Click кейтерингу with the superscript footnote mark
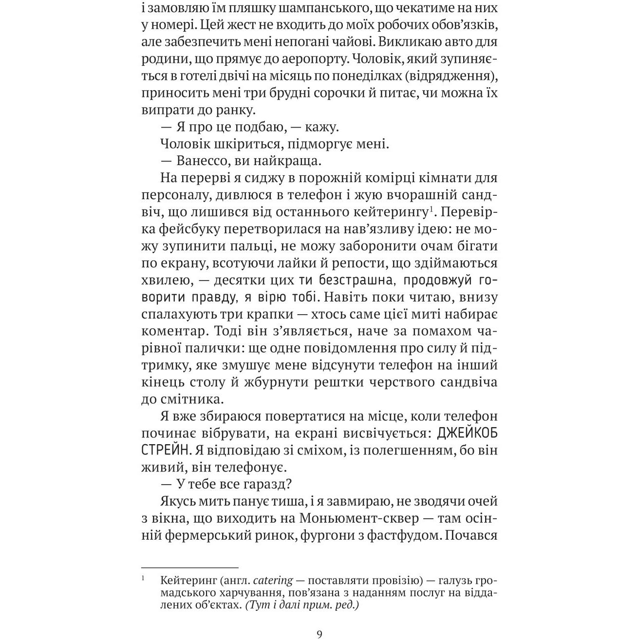click(390, 212)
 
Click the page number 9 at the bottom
click(319, 634)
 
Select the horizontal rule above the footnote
click(189, 567)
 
